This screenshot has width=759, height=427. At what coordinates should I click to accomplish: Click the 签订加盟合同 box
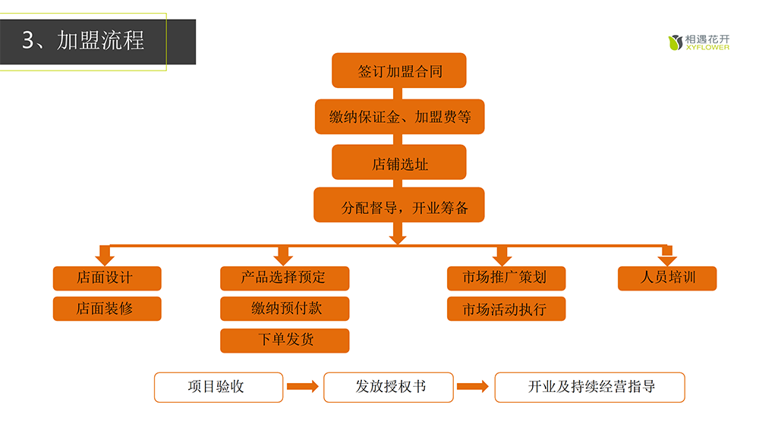(399, 71)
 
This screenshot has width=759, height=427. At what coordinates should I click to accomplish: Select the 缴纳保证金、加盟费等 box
(399, 117)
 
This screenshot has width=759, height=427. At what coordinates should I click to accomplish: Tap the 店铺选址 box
(399, 162)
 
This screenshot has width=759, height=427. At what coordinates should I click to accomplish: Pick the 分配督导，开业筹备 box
(399, 206)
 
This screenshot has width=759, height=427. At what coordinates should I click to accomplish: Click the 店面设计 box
(107, 278)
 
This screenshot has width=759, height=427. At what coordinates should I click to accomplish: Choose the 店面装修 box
(107, 309)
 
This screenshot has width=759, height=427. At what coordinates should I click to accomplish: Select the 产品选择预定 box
(285, 278)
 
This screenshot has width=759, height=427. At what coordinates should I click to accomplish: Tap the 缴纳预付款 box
(285, 309)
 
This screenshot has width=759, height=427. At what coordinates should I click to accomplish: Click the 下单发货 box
(285, 340)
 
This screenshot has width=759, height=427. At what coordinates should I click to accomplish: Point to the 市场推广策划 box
(505, 278)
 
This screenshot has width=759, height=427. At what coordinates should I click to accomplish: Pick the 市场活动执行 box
(505, 309)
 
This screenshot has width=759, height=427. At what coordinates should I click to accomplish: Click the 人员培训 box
(667, 278)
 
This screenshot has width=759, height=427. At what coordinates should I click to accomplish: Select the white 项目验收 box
(219, 387)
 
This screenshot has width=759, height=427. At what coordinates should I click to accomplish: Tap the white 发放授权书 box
(389, 387)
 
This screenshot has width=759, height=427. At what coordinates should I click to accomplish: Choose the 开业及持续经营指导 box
(590, 387)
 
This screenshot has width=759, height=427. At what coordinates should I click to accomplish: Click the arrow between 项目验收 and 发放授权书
(303, 387)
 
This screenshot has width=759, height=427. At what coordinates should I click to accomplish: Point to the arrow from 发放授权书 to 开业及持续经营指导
(473, 387)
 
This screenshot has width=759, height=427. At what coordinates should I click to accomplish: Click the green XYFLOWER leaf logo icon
(675, 42)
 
